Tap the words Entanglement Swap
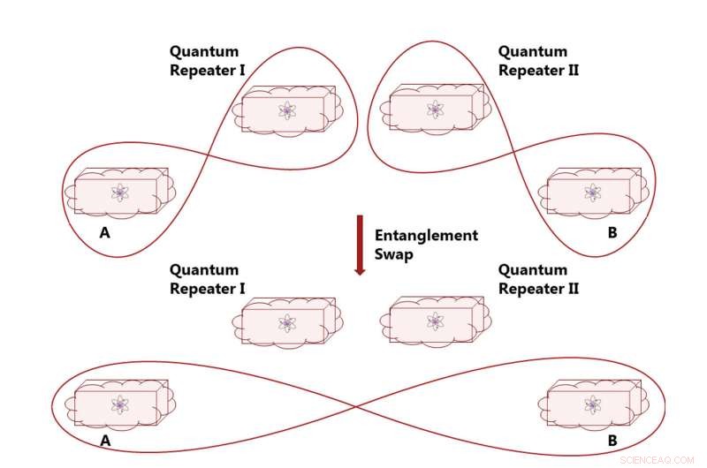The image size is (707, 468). click(x=426, y=244)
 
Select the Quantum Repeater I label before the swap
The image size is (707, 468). click(x=207, y=61)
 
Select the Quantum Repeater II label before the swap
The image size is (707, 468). click(x=538, y=61)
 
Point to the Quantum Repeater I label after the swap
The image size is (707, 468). click(x=207, y=279)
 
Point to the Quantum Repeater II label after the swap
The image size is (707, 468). click(x=538, y=279)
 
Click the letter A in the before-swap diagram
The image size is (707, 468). click(x=105, y=233)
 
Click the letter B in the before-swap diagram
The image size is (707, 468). click(x=612, y=233)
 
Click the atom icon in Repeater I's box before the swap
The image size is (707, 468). click(x=286, y=110)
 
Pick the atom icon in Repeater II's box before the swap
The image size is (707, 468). click(x=435, y=109)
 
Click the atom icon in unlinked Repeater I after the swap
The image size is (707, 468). click(x=286, y=322)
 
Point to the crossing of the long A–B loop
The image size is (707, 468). click(x=355, y=407)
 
